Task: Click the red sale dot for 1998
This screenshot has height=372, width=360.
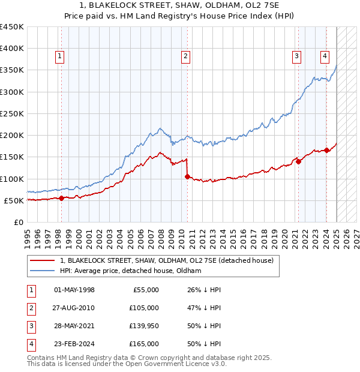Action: pos(61,198)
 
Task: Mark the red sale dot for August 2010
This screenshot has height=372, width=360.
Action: pos(187,176)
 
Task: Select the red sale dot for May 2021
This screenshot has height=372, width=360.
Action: pos(298,161)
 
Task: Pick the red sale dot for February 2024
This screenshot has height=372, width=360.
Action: pos(326,151)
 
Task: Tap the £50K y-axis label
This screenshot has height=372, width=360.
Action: pos(14,200)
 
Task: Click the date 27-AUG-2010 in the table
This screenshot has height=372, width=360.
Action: pos(74,308)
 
